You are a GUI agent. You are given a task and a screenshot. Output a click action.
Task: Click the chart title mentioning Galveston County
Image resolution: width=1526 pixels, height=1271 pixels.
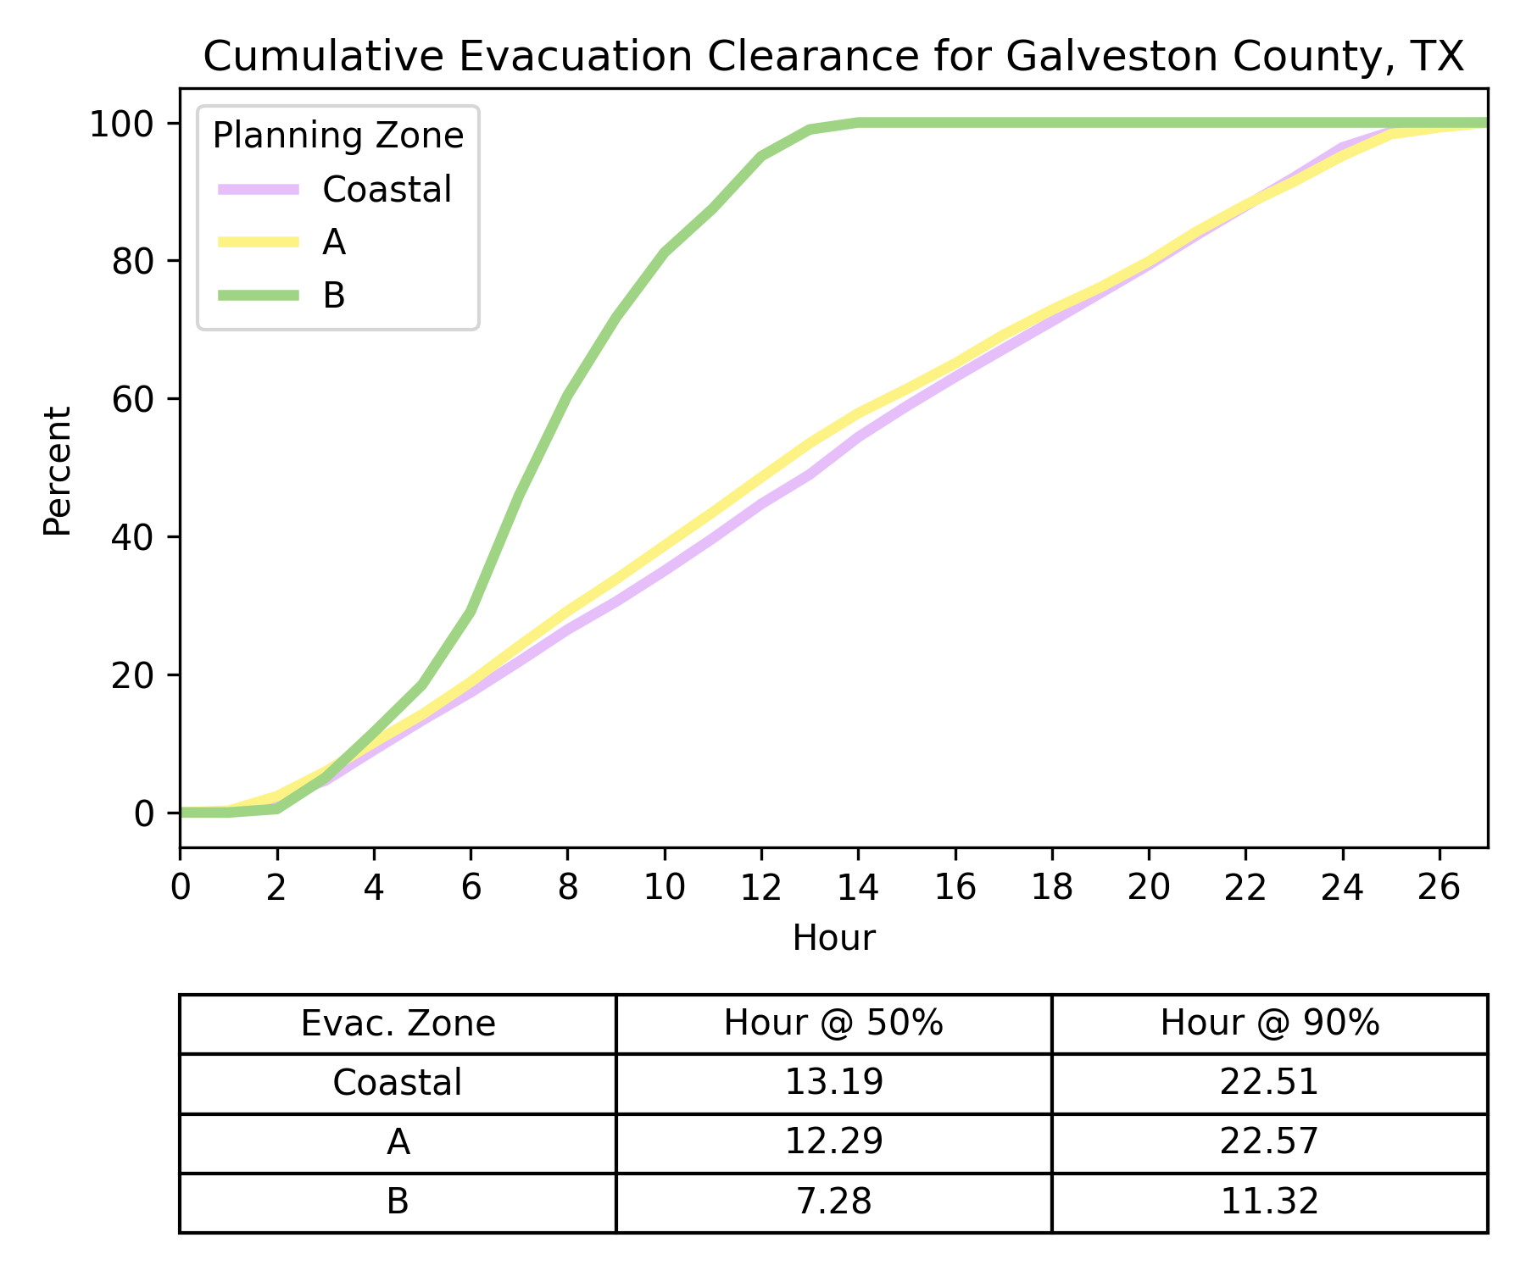tap(833, 57)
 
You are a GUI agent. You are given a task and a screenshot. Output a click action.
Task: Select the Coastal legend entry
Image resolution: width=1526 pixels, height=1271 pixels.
tap(387, 190)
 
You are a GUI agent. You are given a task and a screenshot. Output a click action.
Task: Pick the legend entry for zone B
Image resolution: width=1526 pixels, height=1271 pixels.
tap(334, 296)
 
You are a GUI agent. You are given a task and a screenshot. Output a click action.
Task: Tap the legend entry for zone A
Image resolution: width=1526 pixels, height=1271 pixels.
tap(334, 243)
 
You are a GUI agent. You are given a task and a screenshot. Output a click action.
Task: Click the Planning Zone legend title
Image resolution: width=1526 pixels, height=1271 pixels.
tap(337, 136)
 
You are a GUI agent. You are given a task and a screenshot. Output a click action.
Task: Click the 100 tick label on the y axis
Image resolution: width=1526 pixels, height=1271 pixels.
tap(122, 124)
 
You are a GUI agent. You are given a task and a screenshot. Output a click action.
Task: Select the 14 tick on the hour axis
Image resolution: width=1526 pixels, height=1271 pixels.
tap(859, 887)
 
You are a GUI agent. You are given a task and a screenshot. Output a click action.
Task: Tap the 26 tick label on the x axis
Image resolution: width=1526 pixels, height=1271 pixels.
tap(1440, 887)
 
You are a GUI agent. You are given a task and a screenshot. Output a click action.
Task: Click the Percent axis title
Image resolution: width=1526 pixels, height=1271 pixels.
tap(58, 471)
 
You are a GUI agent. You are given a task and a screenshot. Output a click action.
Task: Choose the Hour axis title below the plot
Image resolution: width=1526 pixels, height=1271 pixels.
tap(833, 939)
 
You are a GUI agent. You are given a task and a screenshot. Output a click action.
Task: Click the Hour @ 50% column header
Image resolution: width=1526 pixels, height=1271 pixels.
tap(833, 1024)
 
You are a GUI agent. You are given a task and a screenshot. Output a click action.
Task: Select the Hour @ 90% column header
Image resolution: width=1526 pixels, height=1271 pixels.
tap(1269, 1024)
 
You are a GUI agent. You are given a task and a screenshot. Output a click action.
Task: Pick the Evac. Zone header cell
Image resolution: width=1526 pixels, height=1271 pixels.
tap(398, 1024)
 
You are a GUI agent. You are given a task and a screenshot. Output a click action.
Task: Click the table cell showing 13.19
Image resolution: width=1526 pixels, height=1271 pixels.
tap(833, 1083)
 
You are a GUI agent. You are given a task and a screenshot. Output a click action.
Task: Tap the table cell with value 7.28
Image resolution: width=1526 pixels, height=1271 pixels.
tap(833, 1202)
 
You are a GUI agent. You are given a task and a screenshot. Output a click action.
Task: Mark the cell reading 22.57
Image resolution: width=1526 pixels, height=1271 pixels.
tap(1269, 1142)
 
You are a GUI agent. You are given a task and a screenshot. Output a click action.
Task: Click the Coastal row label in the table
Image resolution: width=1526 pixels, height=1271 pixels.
tap(398, 1083)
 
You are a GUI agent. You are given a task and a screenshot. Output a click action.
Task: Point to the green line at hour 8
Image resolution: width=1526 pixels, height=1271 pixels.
tap(568, 394)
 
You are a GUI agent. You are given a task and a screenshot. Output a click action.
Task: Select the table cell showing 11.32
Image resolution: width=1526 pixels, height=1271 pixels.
tap(1269, 1202)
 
